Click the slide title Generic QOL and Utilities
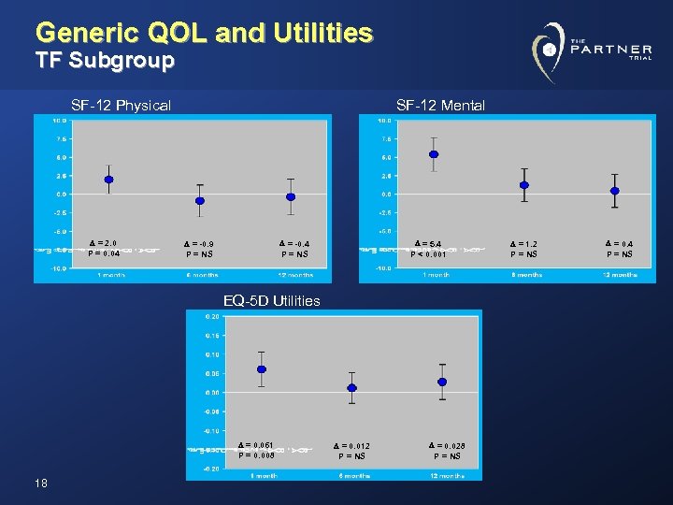204,34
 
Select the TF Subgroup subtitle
105,62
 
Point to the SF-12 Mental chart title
440,106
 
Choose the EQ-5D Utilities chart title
271,301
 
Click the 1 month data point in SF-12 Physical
108,180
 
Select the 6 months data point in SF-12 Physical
199,201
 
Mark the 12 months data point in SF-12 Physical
291,196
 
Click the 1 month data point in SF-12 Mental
434,154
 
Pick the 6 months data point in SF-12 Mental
524,185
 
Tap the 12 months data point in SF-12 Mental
614,191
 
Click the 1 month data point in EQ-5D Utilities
262,369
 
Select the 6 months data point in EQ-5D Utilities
351,388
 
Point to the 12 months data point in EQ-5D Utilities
442,382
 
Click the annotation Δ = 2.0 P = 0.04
104,248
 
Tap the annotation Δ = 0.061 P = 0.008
257,450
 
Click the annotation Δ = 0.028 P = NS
446,451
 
